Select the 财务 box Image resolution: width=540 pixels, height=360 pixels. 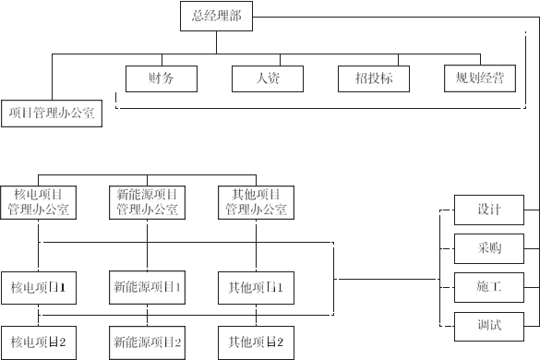(x=161, y=78)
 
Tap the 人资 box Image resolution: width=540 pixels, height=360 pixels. (x=267, y=78)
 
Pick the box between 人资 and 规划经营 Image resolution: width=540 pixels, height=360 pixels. (x=372, y=78)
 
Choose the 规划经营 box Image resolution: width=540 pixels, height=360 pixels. (x=479, y=78)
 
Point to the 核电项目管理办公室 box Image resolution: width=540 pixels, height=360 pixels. (x=39, y=201)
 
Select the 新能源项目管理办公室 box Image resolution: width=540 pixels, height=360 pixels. (x=147, y=201)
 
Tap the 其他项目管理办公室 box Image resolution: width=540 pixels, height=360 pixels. (x=256, y=201)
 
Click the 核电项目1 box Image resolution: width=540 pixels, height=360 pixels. (x=39, y=286)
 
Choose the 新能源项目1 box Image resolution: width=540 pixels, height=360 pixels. (x=147, y=286)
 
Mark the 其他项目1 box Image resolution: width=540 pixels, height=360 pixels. (x=256, y=286)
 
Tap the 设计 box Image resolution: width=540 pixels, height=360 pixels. (x=489, y=210)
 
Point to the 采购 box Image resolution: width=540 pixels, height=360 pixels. (x=489, y=248)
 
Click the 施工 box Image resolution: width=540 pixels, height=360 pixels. (x=489, y=287)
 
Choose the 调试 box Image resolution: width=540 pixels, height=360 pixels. (x=489, y=326)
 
